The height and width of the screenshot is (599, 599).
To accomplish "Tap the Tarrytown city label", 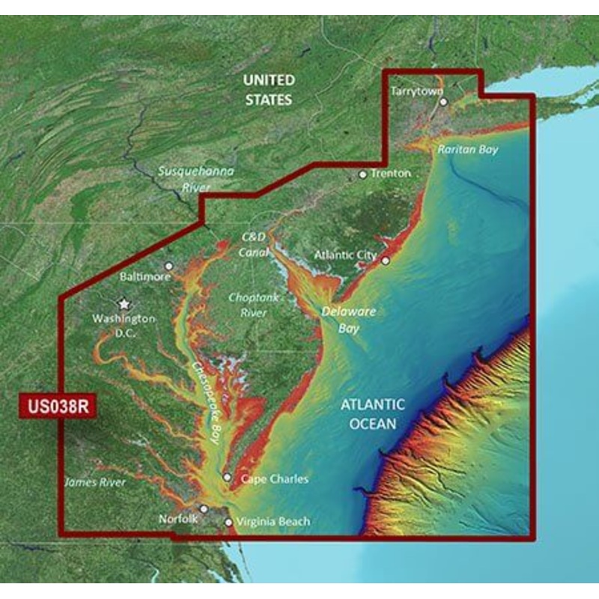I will pos(412,91).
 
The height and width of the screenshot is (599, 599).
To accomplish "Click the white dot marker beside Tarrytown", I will pos(443,101).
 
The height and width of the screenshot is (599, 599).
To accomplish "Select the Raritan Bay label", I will pos(468,150).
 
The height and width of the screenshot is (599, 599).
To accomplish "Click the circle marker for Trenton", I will pos(363,174).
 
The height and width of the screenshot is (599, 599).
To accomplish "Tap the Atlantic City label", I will pos(345,255).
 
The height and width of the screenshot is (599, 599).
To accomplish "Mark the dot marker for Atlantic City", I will pos(386,261).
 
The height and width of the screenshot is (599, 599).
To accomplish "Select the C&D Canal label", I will pos(253,244).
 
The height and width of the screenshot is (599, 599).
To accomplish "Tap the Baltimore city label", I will pos(145,276).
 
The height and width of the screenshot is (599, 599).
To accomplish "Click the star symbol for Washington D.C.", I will pos(124,304).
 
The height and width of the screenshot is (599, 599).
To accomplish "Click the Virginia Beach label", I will pos(273,522).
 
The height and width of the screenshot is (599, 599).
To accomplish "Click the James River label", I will pos(94,483).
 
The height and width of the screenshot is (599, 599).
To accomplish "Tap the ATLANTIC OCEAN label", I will pos(373,414).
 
